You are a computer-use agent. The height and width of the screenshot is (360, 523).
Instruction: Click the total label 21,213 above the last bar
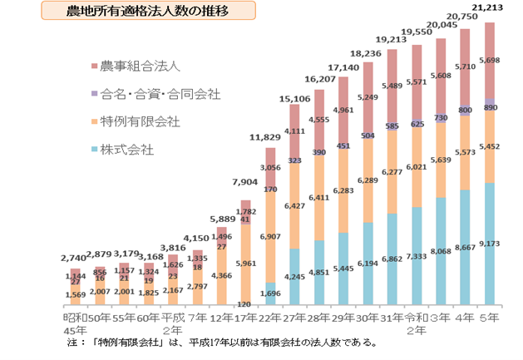[490, 9]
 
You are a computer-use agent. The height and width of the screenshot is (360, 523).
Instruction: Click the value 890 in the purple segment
[490, 108]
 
